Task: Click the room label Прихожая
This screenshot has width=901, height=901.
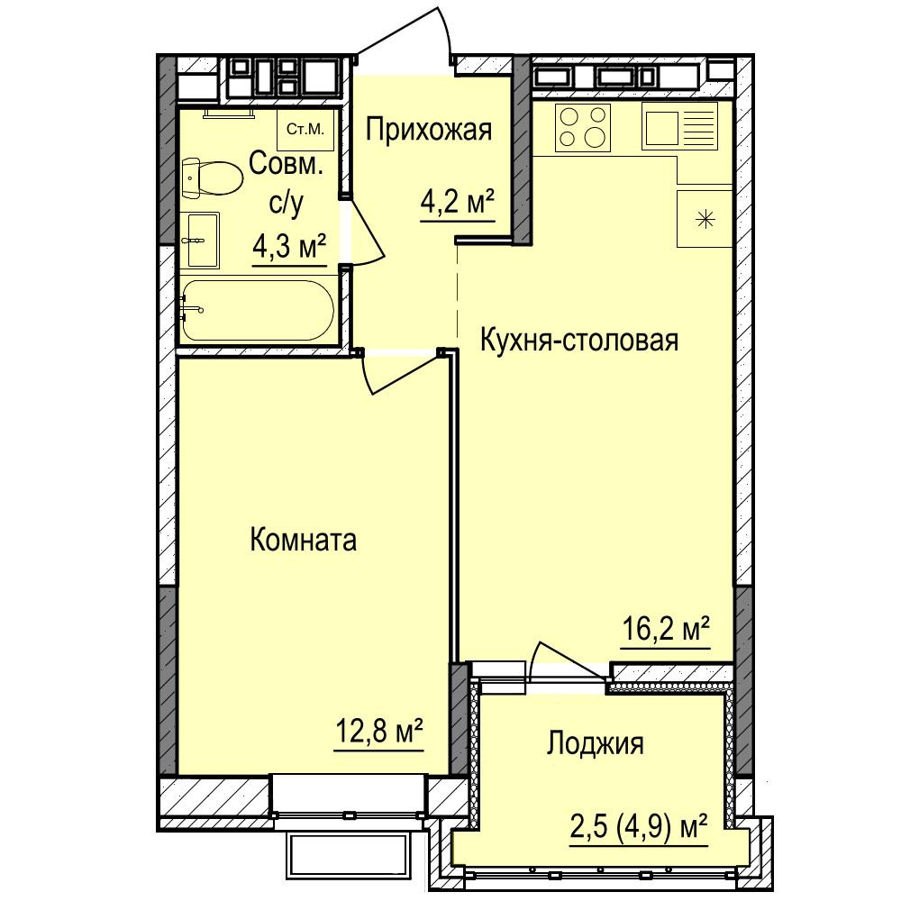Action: click(x=429, y=132)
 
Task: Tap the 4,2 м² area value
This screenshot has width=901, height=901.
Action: click(x=458, y=202)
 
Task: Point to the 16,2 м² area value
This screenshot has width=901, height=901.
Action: click(x=666, y=629)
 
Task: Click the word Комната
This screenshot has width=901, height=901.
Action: click(x=304, y=540)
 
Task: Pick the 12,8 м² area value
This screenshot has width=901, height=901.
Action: click(x=378, y=732)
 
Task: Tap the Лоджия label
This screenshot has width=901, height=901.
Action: click(x=595, y=744)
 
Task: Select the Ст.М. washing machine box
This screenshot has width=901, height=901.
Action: click(x=305, y=130)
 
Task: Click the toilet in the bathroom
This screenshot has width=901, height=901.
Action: click(x=212, y=178)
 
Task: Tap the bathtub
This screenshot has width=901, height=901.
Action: click(x=258, y=310)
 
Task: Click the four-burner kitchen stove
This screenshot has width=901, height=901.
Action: click(x=583, y=128)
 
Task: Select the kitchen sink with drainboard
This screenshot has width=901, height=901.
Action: click(x=679, y=126)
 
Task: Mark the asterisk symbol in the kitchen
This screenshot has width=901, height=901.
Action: click(x=705, y=219)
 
